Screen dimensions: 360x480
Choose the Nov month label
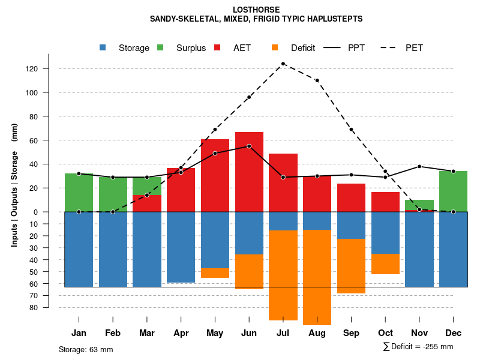tap(419, 333)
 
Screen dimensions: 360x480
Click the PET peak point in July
tap(283, 64)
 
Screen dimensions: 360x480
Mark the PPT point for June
tap(249, 146)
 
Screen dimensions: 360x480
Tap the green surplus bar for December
tap(453, 191)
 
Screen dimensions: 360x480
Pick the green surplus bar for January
tap(79, 193)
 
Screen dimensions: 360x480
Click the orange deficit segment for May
tap(215, 273)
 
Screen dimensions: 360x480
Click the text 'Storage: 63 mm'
tap(86, 349)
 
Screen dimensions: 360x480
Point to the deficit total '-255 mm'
tap(439, 347)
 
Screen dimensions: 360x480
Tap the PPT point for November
tap(419, 166)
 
